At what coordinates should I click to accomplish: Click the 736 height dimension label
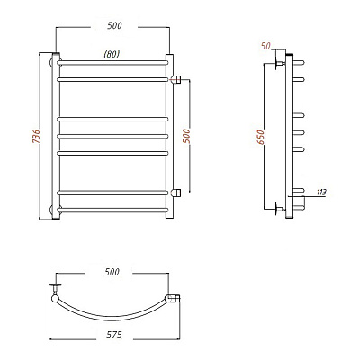tap(36, 137)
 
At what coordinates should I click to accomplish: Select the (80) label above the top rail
tap(112, 54)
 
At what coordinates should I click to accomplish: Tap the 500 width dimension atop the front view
tap(114, 26)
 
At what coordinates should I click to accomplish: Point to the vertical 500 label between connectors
tap(186, 136)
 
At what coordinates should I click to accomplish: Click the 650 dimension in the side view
tap(261, 138)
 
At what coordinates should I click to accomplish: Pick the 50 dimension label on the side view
tap(265, 46)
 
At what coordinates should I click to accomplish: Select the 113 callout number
tap(321, 192)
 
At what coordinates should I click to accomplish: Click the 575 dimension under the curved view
tap(114, 334)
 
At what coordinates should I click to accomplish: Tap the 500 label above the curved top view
tap(112, 272)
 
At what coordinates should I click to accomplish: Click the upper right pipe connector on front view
tap(175, 79)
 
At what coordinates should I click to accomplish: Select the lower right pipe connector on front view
tap(175, 193)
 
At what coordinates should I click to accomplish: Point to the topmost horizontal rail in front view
tap(112, 63)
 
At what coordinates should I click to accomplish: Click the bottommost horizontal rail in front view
tap(112, 210)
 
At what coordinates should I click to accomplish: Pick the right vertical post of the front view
tap(169, 137)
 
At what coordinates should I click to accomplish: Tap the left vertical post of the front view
tap(56, 137)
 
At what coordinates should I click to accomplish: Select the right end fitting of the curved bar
tap(174, 299)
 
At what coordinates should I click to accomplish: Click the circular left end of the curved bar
tap(55, 299)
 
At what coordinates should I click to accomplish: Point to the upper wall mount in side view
tap(280, 63)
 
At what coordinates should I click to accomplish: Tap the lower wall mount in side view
tap(280, 209)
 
